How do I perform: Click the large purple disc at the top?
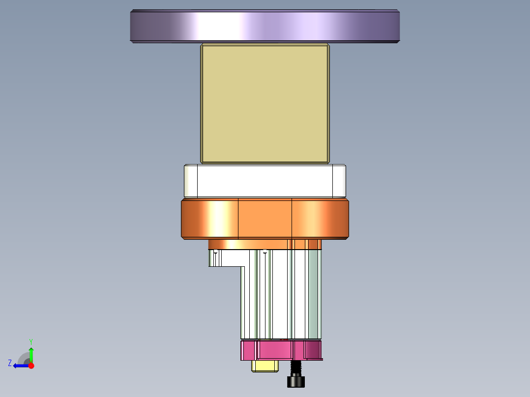tap(265, 26)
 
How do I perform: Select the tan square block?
tap(265, 104)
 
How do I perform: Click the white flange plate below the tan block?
tap(265, 180)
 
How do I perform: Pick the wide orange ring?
tap(265, 219)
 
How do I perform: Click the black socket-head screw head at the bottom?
tap(295, 381)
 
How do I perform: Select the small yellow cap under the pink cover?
tap(265, 366)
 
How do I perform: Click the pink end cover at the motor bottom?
tap(275, 350)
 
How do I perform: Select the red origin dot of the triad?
tap(31, 366)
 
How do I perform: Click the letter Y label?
tap(31, 341)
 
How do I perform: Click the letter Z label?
tap(10, 363)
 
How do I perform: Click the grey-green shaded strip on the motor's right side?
tap(315, 295)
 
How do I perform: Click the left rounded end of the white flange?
tap(191, 180)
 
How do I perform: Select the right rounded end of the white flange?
tap(339, 180)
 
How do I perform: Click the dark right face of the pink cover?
tap(313, 350)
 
